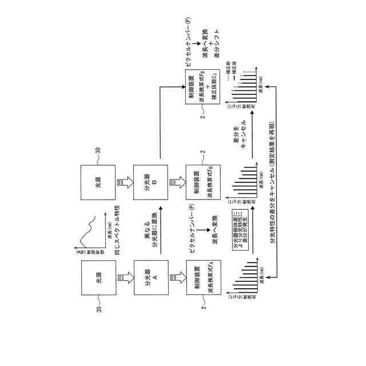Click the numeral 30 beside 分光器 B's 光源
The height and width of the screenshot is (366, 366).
click(98, 150)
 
